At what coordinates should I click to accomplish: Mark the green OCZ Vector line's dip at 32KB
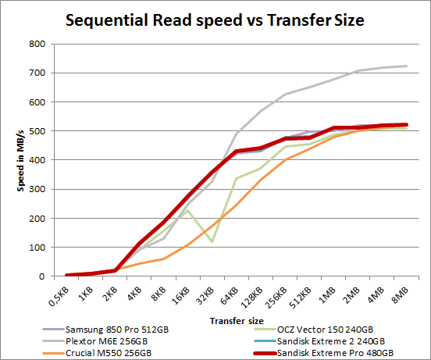pyautogui.click(x=212, y=241)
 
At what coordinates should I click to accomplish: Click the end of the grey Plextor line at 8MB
pyautogui.click(x=406, y=66)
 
